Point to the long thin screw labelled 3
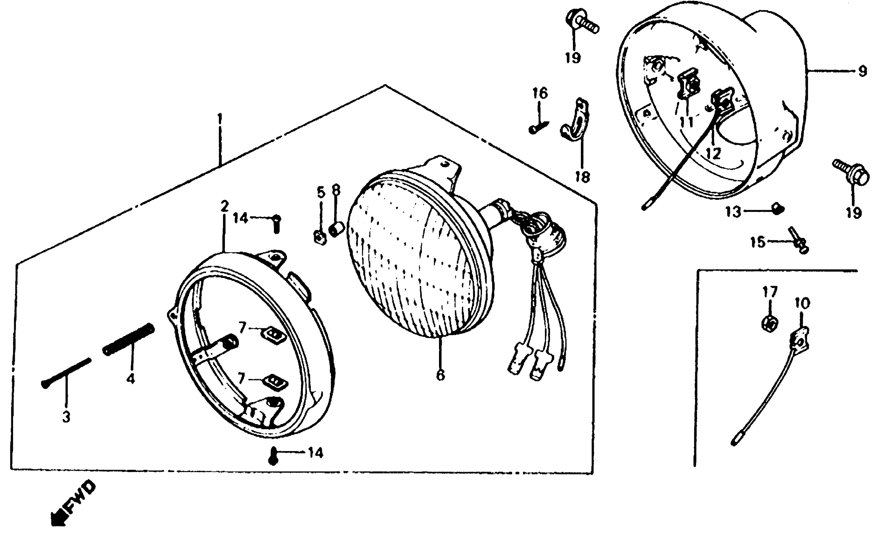[x=66, y=373]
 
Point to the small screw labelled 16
[x=538, y=127]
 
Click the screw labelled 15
[x=799, y=241]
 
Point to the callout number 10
[x=803, y=303]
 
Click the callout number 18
[x=583, y=177]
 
